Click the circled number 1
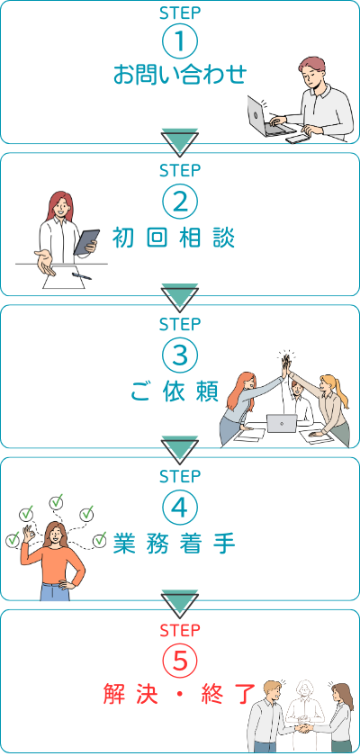tap(180, 42)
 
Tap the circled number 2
tap(180, 203)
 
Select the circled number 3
tap(180, 355)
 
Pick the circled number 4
tap(180, 508)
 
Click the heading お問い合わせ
tap(180, 75)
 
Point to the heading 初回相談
tap(174, 238)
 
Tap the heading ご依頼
tap(174, 391)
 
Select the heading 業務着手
tap(174, 544)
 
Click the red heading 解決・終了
tap(179, 695)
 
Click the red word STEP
tap(180, 630)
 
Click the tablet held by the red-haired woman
tap(86, 242)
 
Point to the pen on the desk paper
tap(81, 276)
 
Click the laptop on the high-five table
tap(282, 424)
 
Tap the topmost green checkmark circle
tap(57, 502)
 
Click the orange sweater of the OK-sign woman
tap(55, 565)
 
